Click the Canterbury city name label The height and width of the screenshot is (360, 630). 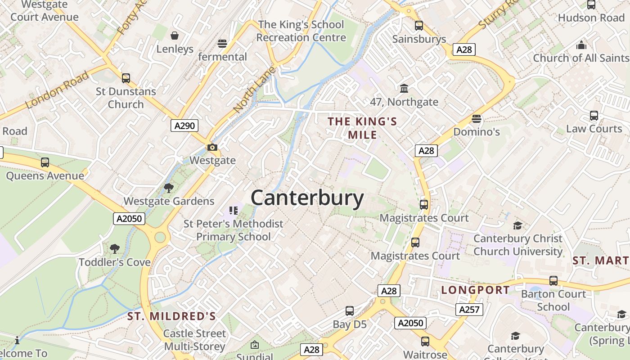click(x=307, y=198)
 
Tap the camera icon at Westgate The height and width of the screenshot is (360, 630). click(x=212, y=147)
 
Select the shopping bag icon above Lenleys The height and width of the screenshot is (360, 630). click(x=175, y=36)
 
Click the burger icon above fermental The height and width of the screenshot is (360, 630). click(x=222, y=44)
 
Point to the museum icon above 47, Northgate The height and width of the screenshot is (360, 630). click(x=404, y=88)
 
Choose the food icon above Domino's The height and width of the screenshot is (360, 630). click(x=477, y=119)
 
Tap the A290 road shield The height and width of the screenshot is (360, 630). click(x=185, y=126)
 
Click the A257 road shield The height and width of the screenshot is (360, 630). click(x=469, y=310)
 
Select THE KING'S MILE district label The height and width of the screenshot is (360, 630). click(x=362, y=128)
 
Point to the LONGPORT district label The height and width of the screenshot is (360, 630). click(x=476, y=290)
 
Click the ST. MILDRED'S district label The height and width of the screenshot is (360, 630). click(x=171, y=316)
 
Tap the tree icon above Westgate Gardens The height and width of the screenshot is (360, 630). click(x=169, y=188)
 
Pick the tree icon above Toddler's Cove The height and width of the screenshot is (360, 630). click(x=115, y=248)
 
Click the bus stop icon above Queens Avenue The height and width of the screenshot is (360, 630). click(x=45, y=162)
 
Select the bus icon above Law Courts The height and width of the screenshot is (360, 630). click(x=594, y=116)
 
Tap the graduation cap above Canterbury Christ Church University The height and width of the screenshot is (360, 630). click(x=518, y=225)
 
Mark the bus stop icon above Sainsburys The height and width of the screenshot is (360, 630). click(x=419, y=26)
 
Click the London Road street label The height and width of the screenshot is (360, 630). click(x=57, y=90)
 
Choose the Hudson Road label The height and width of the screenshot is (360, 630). click(x=591, y=18)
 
